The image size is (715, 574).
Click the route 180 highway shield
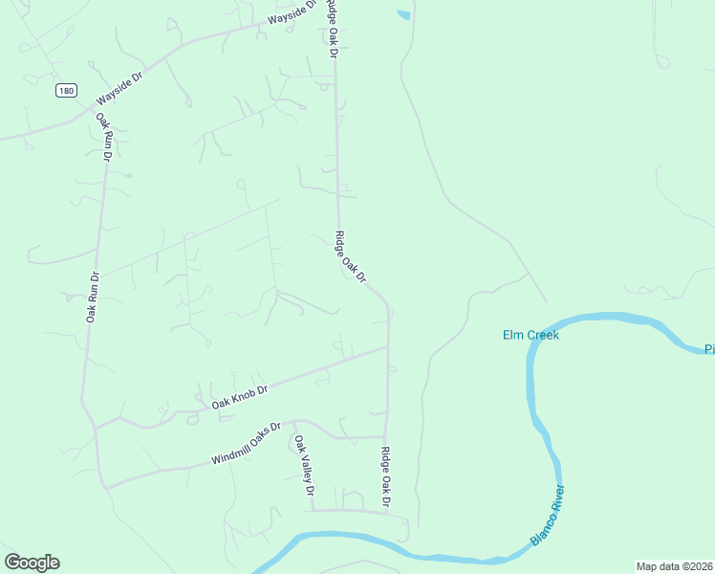pyautogui.click(x=65, y=91)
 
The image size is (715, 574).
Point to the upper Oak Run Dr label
pyautogui.click(x=104, y=136)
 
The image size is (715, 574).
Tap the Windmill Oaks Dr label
pyautogui.click(x=246, y=445)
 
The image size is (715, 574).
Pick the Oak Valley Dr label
pyautogui.click(x=304, y=465)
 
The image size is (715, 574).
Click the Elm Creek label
pyautogui.click(x=531, y=335)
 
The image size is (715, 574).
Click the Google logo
pyautogui.click(x=32, y=563)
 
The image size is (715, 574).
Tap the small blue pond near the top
pyautogui.click(x=403, y=15)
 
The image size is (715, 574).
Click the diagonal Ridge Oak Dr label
pyautogui.click(x=351, y=256)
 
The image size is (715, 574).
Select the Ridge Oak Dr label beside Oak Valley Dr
pyautogui.click(x=386, y=476)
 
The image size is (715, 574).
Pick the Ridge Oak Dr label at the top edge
pyautogui.click(x=332, y=29)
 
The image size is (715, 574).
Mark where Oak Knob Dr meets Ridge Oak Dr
pyautogui.click(x=387, y=347)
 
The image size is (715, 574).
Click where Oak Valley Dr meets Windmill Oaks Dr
pyautogui.click(x=294, y=422)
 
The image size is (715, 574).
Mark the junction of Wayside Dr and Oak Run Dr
pyautogui.click(x=96, y=110)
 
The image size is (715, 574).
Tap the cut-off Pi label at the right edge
pyautogui.click(x=709, y=349)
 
